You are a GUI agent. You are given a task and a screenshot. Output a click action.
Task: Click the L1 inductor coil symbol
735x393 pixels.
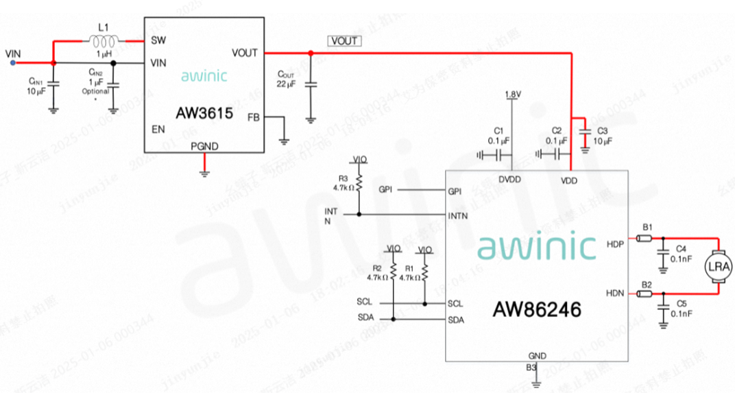coord(104,40)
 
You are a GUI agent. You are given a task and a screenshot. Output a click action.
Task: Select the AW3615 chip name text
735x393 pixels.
coord(205,110)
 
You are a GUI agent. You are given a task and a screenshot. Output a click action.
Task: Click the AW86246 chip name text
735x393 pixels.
coord(537,310)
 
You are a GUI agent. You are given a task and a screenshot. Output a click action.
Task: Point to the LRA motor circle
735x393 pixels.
coord(721,267)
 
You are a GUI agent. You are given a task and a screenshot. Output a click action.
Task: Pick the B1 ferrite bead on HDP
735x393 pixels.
coord(644,239)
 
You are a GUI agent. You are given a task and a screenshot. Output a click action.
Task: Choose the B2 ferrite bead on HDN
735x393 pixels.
coord(644,294)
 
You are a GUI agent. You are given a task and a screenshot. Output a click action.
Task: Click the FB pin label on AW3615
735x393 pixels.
coord(253,117)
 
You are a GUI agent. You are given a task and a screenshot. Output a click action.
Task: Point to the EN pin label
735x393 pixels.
coord(158,128)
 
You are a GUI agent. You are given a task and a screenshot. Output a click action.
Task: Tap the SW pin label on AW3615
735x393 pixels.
coord(158,40)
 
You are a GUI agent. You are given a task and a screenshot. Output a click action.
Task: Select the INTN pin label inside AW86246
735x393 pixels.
coord(457,215)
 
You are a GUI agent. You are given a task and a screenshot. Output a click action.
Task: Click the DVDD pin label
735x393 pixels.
coord(510,180)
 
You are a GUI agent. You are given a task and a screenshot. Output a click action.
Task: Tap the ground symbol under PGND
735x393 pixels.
coord(204,172)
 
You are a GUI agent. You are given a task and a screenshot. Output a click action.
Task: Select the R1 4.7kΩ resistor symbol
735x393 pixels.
coord(424,273)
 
